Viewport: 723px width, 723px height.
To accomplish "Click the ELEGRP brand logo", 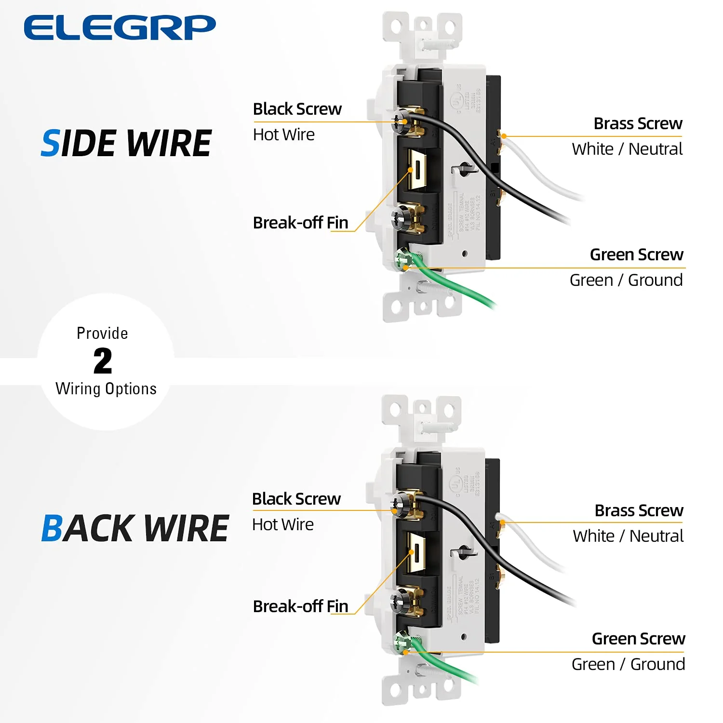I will [120, 27].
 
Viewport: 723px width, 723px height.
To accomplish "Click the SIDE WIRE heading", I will [126, 144].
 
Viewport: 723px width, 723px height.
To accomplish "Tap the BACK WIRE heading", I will [135, 528].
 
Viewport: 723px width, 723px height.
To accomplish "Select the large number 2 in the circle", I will [103, 361].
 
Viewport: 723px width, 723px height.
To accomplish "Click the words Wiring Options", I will [106, 388].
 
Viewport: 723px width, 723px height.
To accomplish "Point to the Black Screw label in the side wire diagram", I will [297, 109].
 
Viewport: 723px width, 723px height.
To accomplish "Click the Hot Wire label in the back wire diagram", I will [283, 524].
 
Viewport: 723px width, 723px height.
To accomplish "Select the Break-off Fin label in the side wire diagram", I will [300, 223].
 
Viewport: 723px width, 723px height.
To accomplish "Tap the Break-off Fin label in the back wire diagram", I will [300, 606].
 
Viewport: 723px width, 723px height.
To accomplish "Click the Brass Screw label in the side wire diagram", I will [638, 123].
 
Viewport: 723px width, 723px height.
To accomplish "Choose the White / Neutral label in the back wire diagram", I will [628, 536].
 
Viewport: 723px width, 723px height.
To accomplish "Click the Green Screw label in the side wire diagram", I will [636, 254].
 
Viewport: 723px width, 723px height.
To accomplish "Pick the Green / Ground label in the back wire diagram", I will [628, 664].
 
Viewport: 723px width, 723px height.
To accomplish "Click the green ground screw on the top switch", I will [402, 260].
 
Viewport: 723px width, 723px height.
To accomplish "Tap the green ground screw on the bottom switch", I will [401, 643].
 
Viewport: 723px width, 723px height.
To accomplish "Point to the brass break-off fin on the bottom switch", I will [416, 552].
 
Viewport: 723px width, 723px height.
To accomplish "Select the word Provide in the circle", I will [102, 333].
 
